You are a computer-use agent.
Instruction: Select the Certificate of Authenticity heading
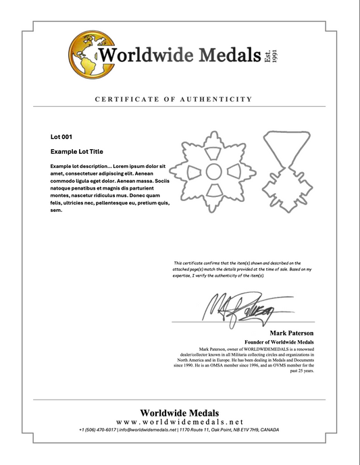174,99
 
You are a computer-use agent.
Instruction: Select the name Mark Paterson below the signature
292,333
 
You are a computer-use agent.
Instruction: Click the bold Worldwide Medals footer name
180,412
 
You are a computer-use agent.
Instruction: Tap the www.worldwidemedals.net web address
180,421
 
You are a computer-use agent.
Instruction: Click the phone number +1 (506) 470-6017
97,430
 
